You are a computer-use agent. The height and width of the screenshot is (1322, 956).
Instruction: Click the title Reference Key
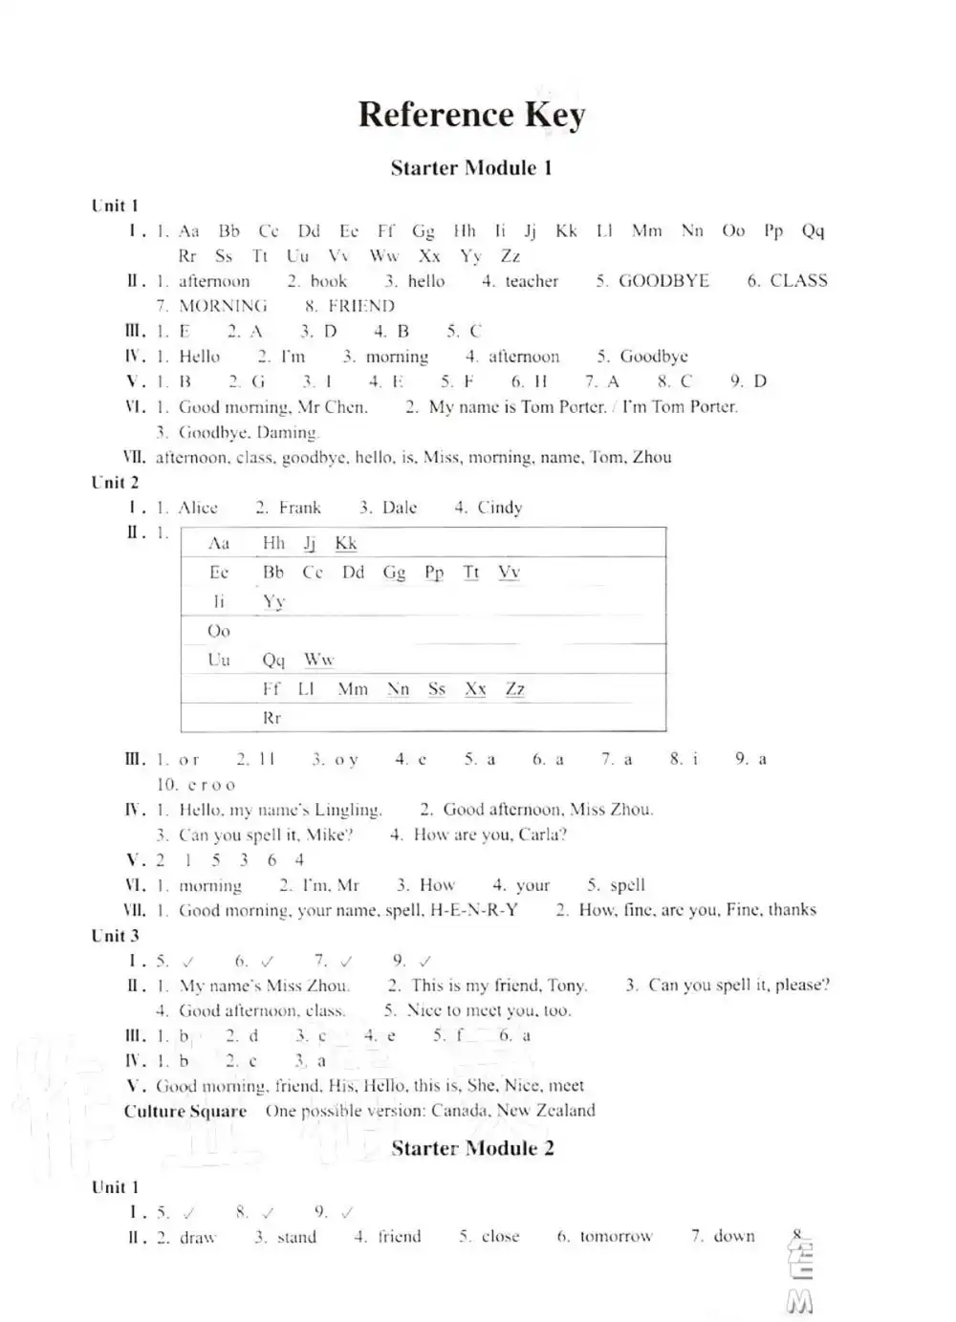click(471, 114)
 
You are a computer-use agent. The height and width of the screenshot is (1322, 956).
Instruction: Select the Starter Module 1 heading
click(471, 168)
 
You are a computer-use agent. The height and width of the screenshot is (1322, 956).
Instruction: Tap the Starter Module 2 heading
click(472, 1148)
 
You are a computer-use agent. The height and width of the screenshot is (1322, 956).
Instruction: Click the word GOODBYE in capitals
click(663, 281)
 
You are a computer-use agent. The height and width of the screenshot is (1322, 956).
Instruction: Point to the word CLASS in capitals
click(798, 281)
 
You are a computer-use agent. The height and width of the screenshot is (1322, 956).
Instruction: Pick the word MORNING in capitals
click(223, 306)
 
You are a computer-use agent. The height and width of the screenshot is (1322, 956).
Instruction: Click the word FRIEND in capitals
click(360, 306)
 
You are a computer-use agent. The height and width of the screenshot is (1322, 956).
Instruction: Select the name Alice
click(198, 508)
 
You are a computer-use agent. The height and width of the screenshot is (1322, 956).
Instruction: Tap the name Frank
click(300, 508)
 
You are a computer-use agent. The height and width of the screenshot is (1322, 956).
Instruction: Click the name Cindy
click(500, 508)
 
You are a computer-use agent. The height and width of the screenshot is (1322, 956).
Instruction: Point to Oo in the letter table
click(219, 631)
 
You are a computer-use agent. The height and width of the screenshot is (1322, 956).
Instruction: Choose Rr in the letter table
click(272, 718)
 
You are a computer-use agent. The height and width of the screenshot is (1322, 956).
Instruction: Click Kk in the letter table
click(345, 543)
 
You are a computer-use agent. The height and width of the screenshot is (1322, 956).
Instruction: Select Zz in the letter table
click(515, 689)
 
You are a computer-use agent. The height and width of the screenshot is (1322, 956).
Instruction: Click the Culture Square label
click(185, 1111)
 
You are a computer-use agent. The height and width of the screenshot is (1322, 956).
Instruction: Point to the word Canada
click(460, 1111)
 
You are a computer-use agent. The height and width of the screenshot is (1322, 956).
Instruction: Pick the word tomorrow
click(616, 1237)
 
